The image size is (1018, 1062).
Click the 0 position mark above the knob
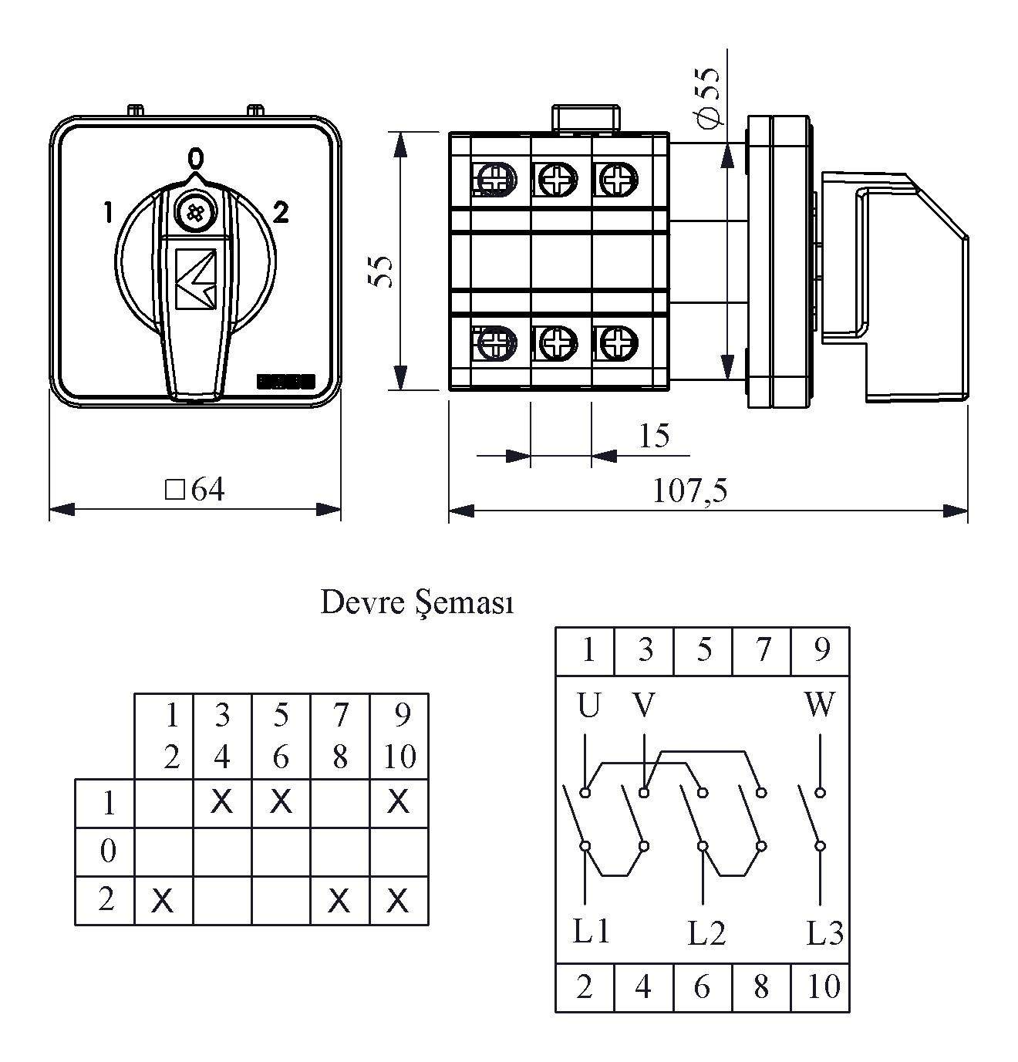tap(196, 159)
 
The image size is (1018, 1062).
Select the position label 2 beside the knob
tap(281, 213)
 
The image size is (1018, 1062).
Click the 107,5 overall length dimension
tap(690, 491)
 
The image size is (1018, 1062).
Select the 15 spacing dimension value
tap(654, 437)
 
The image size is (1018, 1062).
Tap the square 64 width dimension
tap(196, 490)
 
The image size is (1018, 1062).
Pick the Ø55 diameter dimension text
tap(708, 96)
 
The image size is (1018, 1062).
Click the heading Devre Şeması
tap(416, 603)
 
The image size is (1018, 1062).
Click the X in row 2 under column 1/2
tap(163, 900)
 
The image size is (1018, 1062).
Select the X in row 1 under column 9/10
tap(398, 803)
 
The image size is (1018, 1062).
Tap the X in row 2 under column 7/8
tap(339, 900)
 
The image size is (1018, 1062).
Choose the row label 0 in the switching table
tap(108, 851)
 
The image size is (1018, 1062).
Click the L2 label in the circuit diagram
tap(706, 934)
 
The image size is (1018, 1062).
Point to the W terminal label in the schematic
tap(819, 704)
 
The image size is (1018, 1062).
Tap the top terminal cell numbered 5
tap(703, 650)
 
